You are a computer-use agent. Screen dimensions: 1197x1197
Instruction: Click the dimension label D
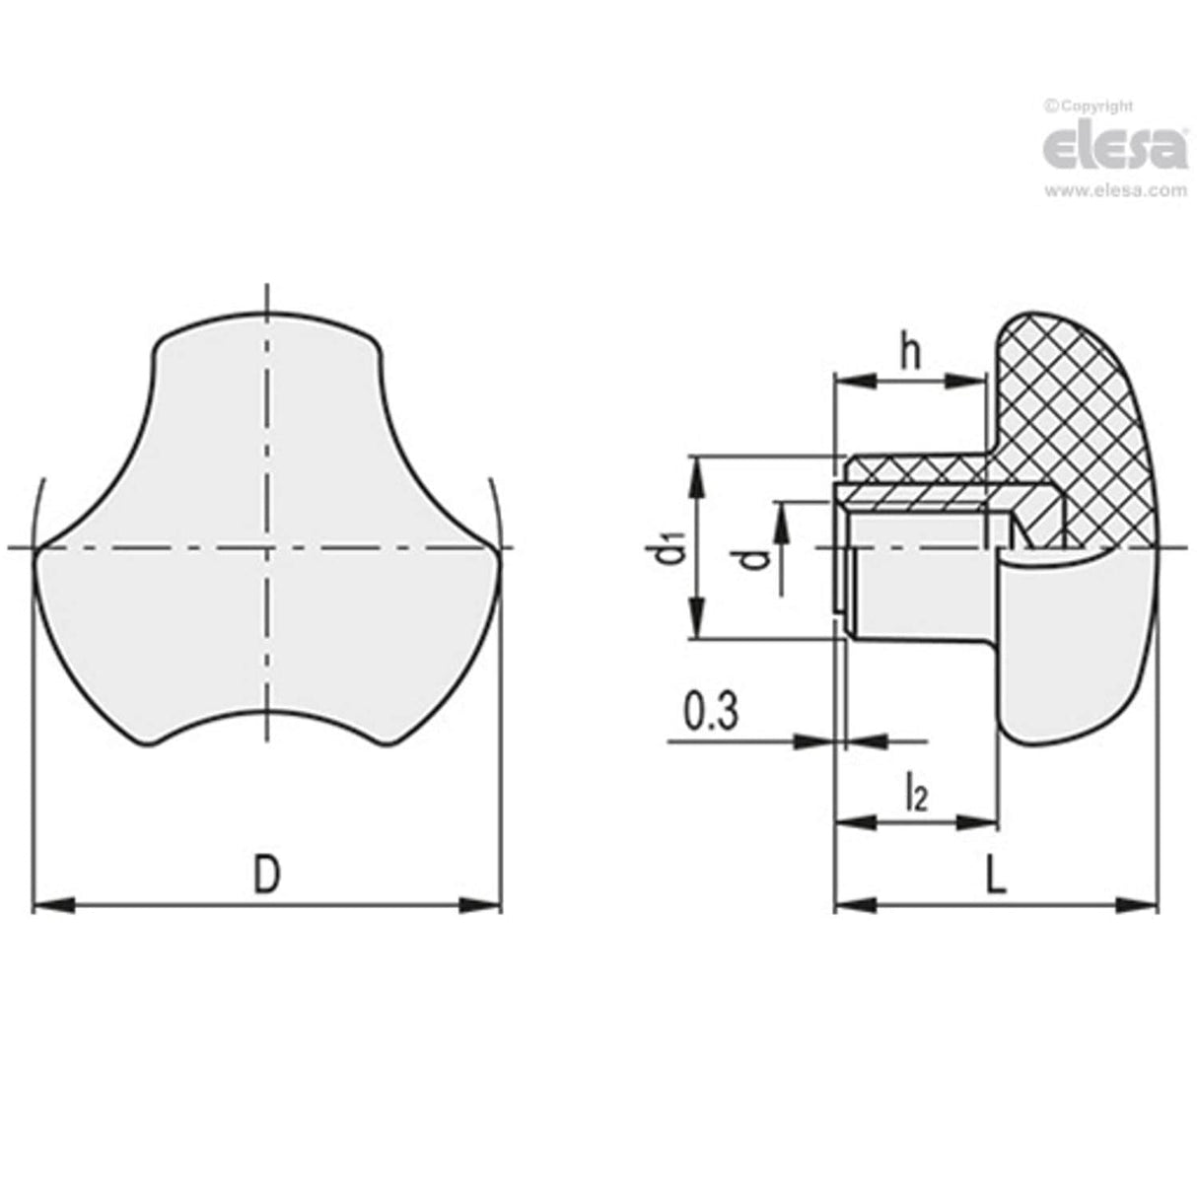point(265,875)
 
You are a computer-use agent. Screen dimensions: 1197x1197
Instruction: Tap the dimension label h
point(911,352)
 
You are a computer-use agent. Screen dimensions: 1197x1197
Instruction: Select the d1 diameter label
point(671,548)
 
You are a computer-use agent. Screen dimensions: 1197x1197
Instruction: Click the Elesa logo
point(1114,148)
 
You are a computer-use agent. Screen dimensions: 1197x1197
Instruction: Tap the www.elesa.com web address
point(1115,191)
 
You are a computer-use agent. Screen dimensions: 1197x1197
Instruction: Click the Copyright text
point(1089,106)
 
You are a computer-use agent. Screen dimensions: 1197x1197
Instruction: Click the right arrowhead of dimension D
point(482,905)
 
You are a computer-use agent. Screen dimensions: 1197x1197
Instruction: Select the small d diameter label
point(756,559)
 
